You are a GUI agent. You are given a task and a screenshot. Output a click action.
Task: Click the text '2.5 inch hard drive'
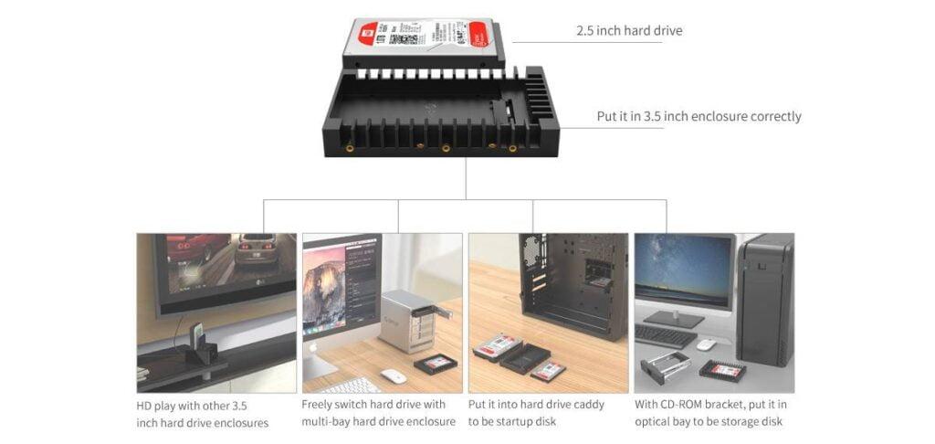[x=628, y=31]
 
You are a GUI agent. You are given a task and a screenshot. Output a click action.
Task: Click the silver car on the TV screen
[x=255, y=249]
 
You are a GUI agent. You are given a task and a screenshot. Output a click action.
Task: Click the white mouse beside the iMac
[x=393, y=375]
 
